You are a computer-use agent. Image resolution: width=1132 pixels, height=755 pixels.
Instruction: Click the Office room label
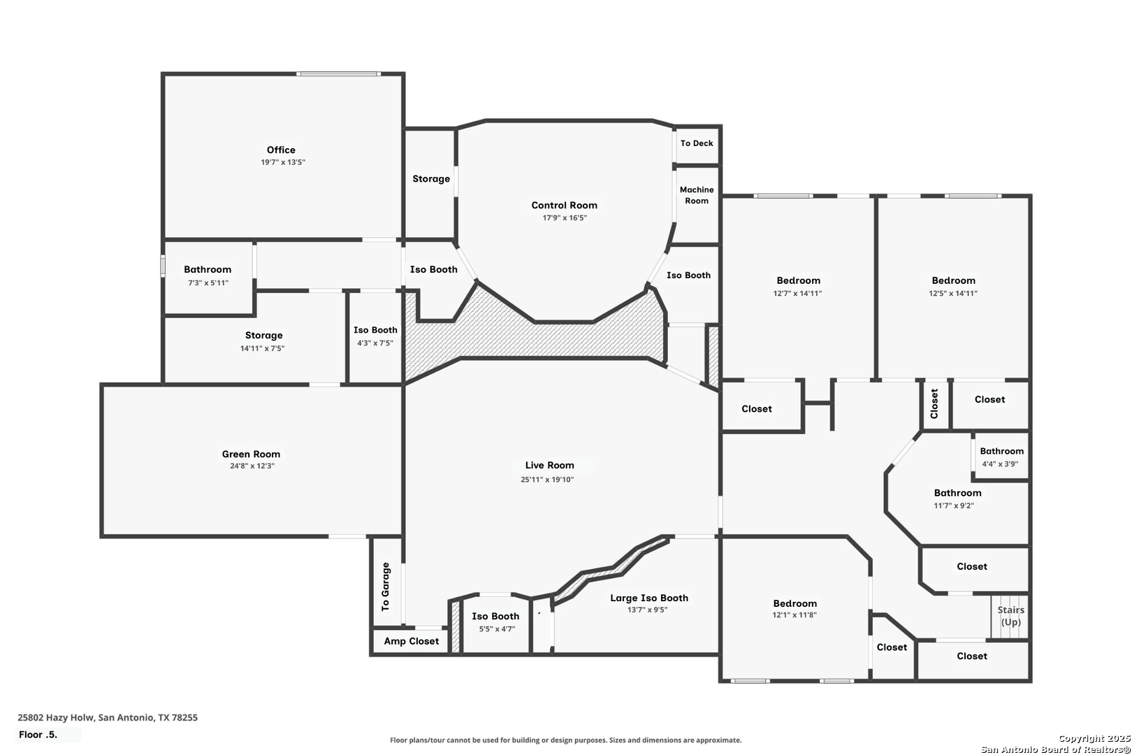(x=281, y=150)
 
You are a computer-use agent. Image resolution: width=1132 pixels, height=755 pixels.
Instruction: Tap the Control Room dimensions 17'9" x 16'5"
(x=565, y=218)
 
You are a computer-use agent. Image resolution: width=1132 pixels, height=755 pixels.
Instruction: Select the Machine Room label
(x=697, y=195)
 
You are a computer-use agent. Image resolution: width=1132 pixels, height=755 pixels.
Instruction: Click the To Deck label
(x=697, y=143)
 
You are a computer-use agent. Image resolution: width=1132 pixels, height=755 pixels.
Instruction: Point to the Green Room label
(x=251, y=454)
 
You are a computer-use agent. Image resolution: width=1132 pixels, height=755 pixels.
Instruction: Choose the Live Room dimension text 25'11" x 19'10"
(x=547, y=480)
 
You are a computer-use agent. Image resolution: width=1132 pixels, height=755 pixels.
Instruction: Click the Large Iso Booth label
(x=649, y=598)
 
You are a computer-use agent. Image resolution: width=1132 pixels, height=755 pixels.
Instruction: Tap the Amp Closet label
(x=412, y=641)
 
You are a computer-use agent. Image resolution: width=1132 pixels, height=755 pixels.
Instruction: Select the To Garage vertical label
(x=386, y=587)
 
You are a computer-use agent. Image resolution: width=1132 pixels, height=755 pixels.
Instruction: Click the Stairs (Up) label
(x=1010, y=616)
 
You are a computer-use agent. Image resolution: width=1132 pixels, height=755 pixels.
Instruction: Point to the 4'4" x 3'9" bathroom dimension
(x=1000, y=463)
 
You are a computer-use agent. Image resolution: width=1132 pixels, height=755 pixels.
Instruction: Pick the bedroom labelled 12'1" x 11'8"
(x=795, y=603)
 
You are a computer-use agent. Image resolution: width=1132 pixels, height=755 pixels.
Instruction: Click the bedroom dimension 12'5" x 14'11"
(x=953, y=294)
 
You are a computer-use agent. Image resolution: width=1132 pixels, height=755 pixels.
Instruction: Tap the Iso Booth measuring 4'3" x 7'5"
(x=375, y=330)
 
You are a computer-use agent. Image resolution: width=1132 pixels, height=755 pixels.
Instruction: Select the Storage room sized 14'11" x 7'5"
(x=264, y=336)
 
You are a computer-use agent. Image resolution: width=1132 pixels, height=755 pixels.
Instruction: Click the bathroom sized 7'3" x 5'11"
(x=208, y=270)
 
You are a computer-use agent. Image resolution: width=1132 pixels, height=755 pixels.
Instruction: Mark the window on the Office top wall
(x=339, y=74)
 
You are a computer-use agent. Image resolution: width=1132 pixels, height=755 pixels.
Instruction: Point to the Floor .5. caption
(x=38, y=735)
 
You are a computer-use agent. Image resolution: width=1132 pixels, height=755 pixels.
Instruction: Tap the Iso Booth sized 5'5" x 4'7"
(x=495, y=616)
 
